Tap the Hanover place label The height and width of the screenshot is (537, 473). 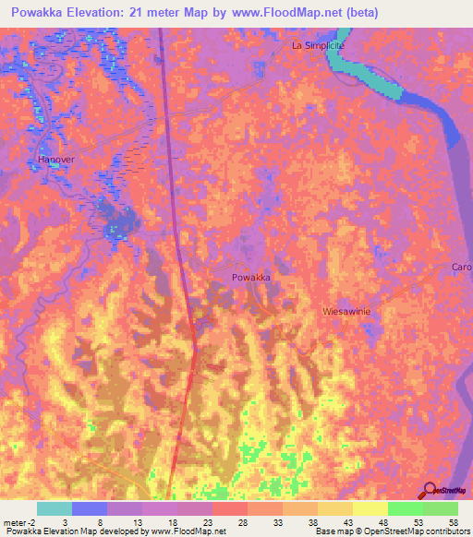55,160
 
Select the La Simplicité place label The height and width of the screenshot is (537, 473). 317,45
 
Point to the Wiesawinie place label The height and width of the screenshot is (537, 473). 346,312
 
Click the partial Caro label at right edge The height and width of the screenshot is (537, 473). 461,268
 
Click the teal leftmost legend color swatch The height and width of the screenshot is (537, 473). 55,508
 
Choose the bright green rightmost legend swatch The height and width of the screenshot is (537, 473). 440,508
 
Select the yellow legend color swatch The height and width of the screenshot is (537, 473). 370,508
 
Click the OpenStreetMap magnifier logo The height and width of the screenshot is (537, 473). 428,492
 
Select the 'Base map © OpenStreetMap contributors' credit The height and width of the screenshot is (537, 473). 391,531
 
